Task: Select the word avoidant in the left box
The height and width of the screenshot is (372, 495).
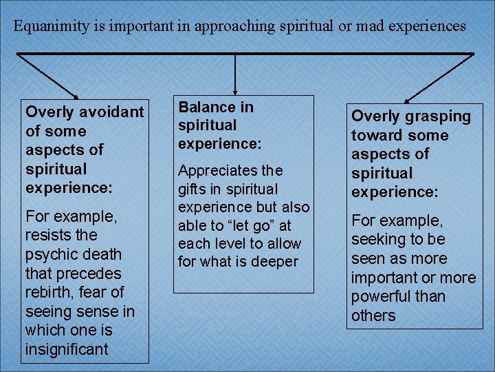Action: tap(111, 112)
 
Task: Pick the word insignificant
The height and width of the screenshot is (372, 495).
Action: tap(67, 349)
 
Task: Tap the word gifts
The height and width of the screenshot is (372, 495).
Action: tap(193, 189)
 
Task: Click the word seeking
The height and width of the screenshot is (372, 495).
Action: tap(378, 240)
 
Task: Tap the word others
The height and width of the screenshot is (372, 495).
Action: tap(373, 316)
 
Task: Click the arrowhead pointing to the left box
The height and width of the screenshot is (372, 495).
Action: tap(75, 94)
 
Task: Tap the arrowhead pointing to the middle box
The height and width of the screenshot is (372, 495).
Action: tap(236, 89)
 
